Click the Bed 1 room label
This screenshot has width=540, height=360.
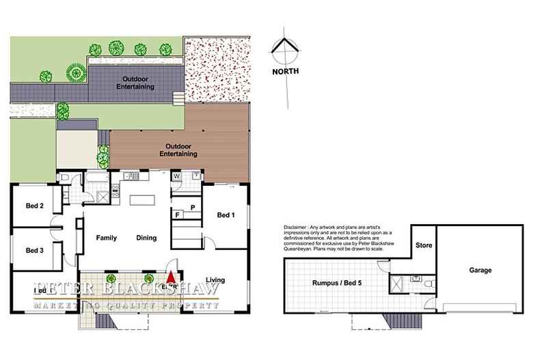coord(226,215)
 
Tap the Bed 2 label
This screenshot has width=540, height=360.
coord(35,206)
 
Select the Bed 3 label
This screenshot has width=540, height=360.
coord(35,250)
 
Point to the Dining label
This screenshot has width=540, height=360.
coord(146,238)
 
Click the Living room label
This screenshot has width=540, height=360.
coord(215,279)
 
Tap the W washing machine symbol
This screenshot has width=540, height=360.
coord(176,176)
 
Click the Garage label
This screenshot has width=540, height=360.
coord(480,271)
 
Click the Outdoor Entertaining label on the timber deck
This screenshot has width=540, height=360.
coord(178,150)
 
